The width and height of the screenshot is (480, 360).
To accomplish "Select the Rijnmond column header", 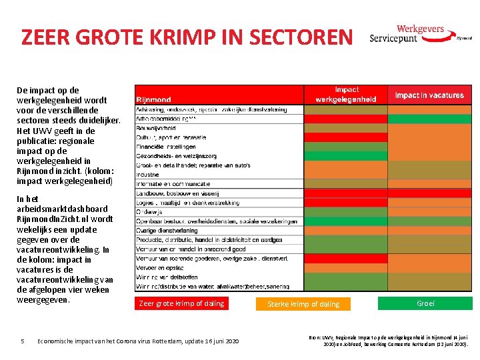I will [154, 99].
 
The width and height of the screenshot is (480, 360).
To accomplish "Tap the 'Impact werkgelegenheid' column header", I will [345, 94].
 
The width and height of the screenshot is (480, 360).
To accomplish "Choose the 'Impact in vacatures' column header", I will [429, 95].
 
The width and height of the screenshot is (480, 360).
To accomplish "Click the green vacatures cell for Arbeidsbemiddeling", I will [429, 119].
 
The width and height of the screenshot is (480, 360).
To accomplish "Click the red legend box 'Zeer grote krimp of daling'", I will [181, 303].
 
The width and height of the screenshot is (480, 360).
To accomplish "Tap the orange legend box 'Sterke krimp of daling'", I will [303, 304].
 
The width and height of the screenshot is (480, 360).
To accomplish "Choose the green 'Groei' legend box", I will [425, 303].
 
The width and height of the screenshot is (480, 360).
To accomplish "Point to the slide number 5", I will [23, 341].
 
